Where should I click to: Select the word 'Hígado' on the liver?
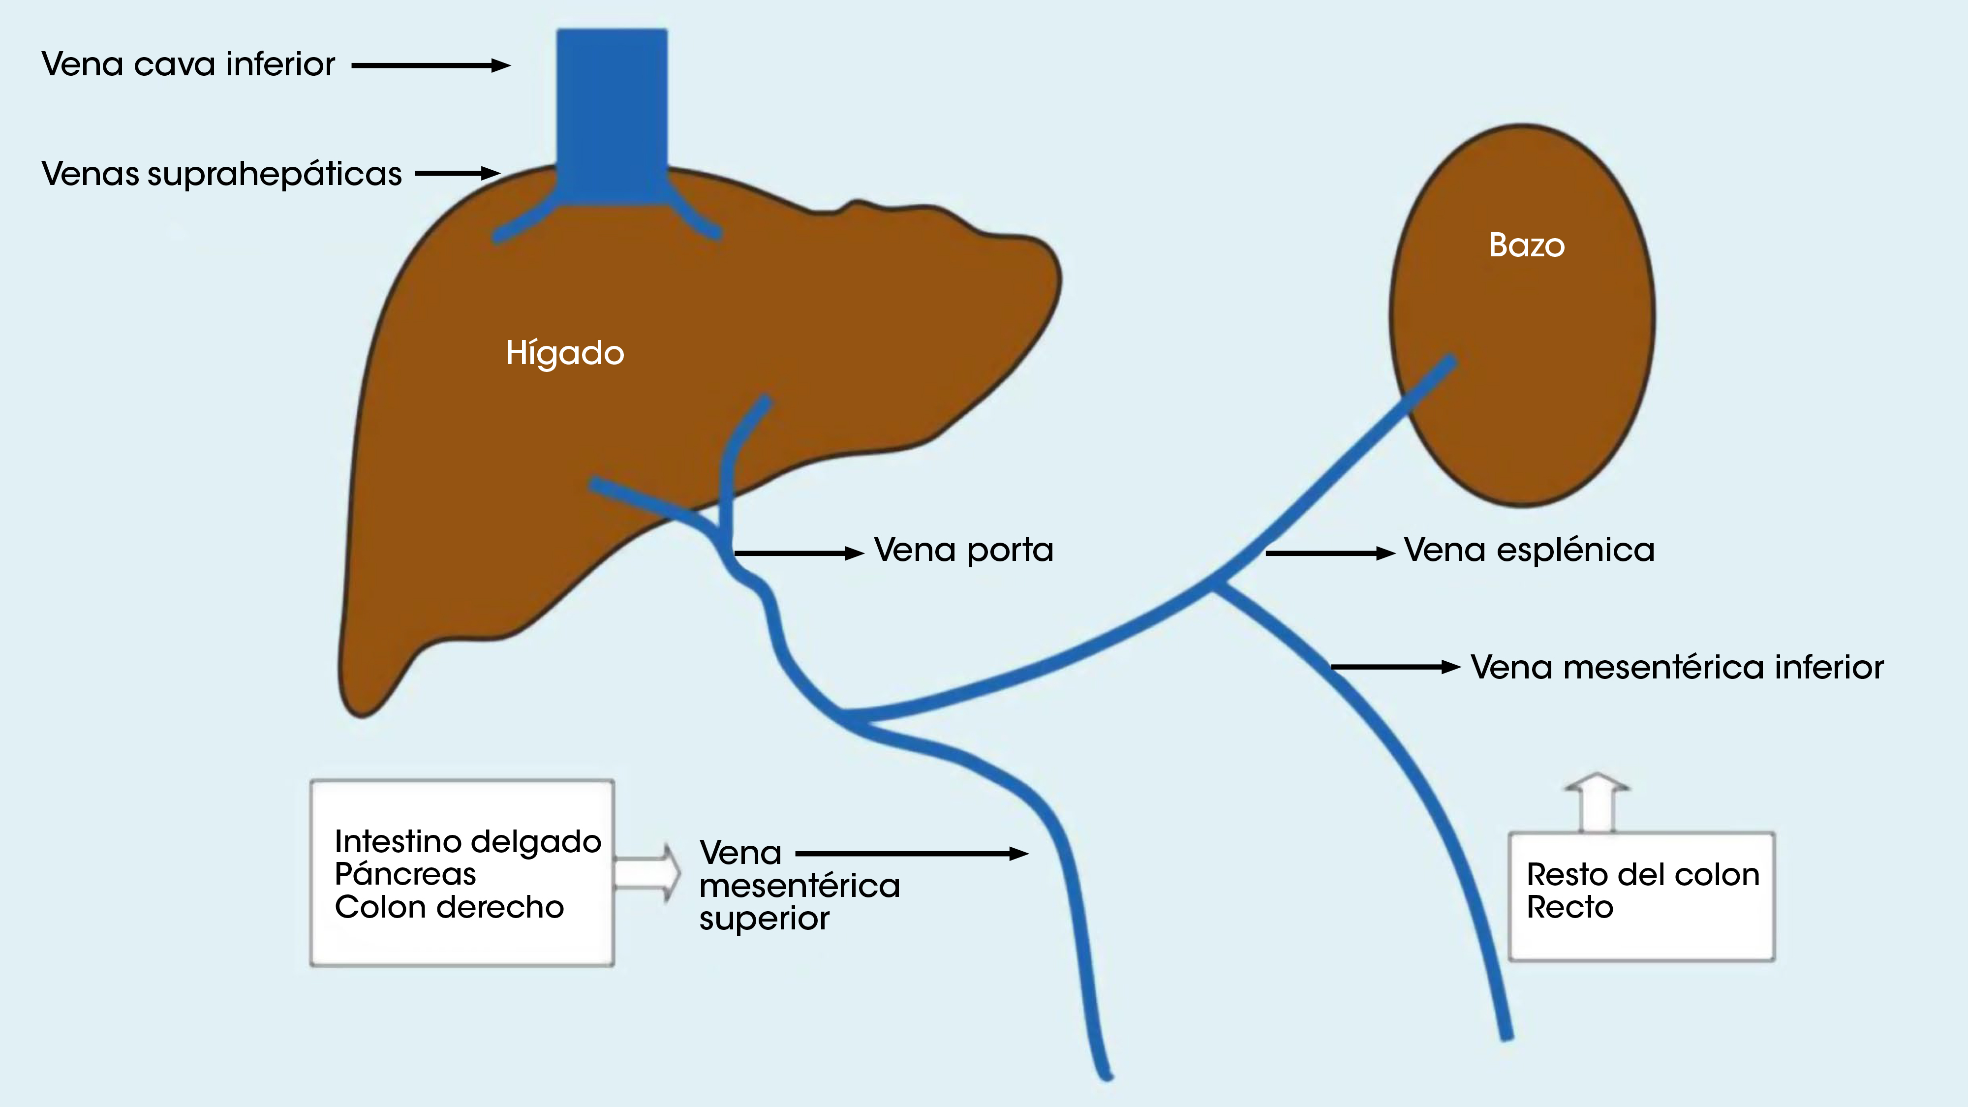point(565,353)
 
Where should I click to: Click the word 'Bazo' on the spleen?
point(1526,245)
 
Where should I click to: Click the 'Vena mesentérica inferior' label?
point(1677,668)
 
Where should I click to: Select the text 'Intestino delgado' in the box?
point(467,842)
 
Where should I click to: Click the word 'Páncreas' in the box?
point(405,874)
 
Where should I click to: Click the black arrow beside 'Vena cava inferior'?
point(430,66)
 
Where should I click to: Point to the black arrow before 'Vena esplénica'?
point(1330,553)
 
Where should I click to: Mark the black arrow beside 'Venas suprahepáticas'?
point(457,173)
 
